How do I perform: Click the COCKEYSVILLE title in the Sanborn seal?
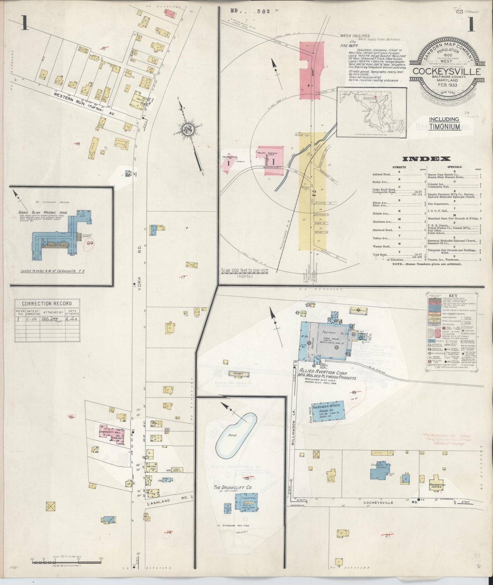click(x=447, y=72)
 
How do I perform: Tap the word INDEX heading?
click(x=426, y=159)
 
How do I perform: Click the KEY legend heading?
click(x=453, y=296)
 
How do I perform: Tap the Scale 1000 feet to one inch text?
click(x=244, y=271)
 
